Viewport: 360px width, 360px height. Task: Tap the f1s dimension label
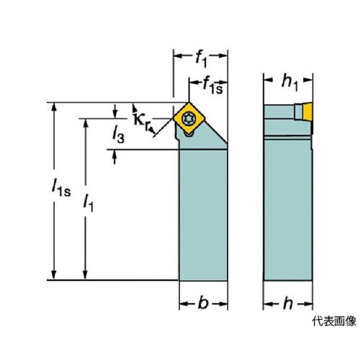(x=212, y=85)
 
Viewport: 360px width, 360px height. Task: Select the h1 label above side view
(x=289, y=82)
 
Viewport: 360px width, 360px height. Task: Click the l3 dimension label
(x=119, y=135)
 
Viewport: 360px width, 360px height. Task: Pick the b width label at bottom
(x=203, y=303)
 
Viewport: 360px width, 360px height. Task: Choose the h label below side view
(x=288, y=303)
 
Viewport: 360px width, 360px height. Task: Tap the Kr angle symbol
(x=142, y=121)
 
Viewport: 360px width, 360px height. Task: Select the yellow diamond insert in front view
(x=189, y=118)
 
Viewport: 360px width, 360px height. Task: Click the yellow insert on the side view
(x=307, y=112)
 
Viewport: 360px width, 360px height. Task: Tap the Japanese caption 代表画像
(x=334, y=321)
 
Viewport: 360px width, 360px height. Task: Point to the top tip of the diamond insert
(x=189, y=102)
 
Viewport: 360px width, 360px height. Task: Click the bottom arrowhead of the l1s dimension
(x=54, y=275)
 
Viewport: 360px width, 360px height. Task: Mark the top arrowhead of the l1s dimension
(x=54, y=107)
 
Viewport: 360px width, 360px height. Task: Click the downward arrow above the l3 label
(x=115, y=111)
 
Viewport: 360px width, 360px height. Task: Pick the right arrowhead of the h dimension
(x=308, y=304)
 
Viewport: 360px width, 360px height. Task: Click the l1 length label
(x=88, y=202)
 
